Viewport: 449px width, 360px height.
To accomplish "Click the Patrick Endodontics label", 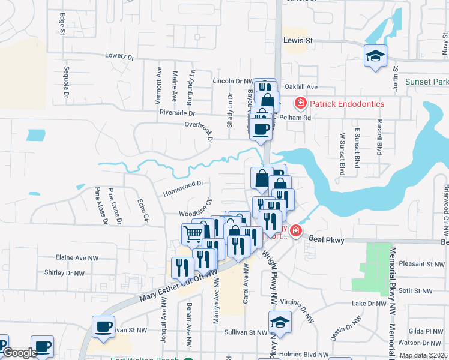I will [x=347, y=104].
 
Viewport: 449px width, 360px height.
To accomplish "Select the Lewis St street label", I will [x=298, y=41].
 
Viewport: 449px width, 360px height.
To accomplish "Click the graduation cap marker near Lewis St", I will [x=376, y=56].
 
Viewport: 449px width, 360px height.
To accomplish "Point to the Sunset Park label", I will [x=427, y=82].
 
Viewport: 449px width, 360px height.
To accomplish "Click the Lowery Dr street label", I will [x=119, y=55].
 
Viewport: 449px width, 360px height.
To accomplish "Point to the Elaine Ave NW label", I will [x=77, y=257].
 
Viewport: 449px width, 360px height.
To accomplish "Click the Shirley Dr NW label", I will [x=64, y=272].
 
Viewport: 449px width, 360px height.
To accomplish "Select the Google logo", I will [x=20, y=353].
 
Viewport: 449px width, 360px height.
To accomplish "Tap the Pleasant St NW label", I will [x=424, y=263].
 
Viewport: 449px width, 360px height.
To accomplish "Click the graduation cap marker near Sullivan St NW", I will [x=280, y=322].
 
